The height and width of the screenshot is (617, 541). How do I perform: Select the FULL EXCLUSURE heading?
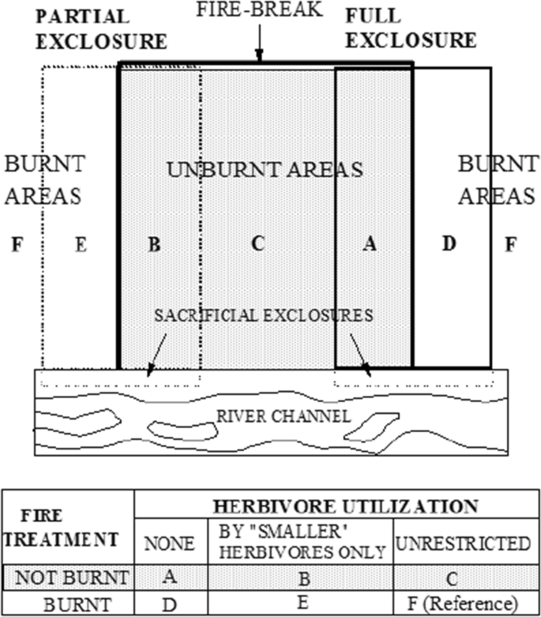pos(411,28)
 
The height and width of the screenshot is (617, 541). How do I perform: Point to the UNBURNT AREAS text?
pos(265,169)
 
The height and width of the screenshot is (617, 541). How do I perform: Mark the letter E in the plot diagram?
pos(80,245)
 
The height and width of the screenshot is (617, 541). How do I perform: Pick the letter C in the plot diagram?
pos(257,244)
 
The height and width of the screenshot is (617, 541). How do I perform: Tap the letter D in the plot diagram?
pos(449,244)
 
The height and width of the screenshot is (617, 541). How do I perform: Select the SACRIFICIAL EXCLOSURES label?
pos(264,315)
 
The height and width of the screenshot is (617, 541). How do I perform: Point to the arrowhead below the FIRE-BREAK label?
pos(258,57)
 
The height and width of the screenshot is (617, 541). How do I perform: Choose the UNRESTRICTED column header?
pos(475,544)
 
